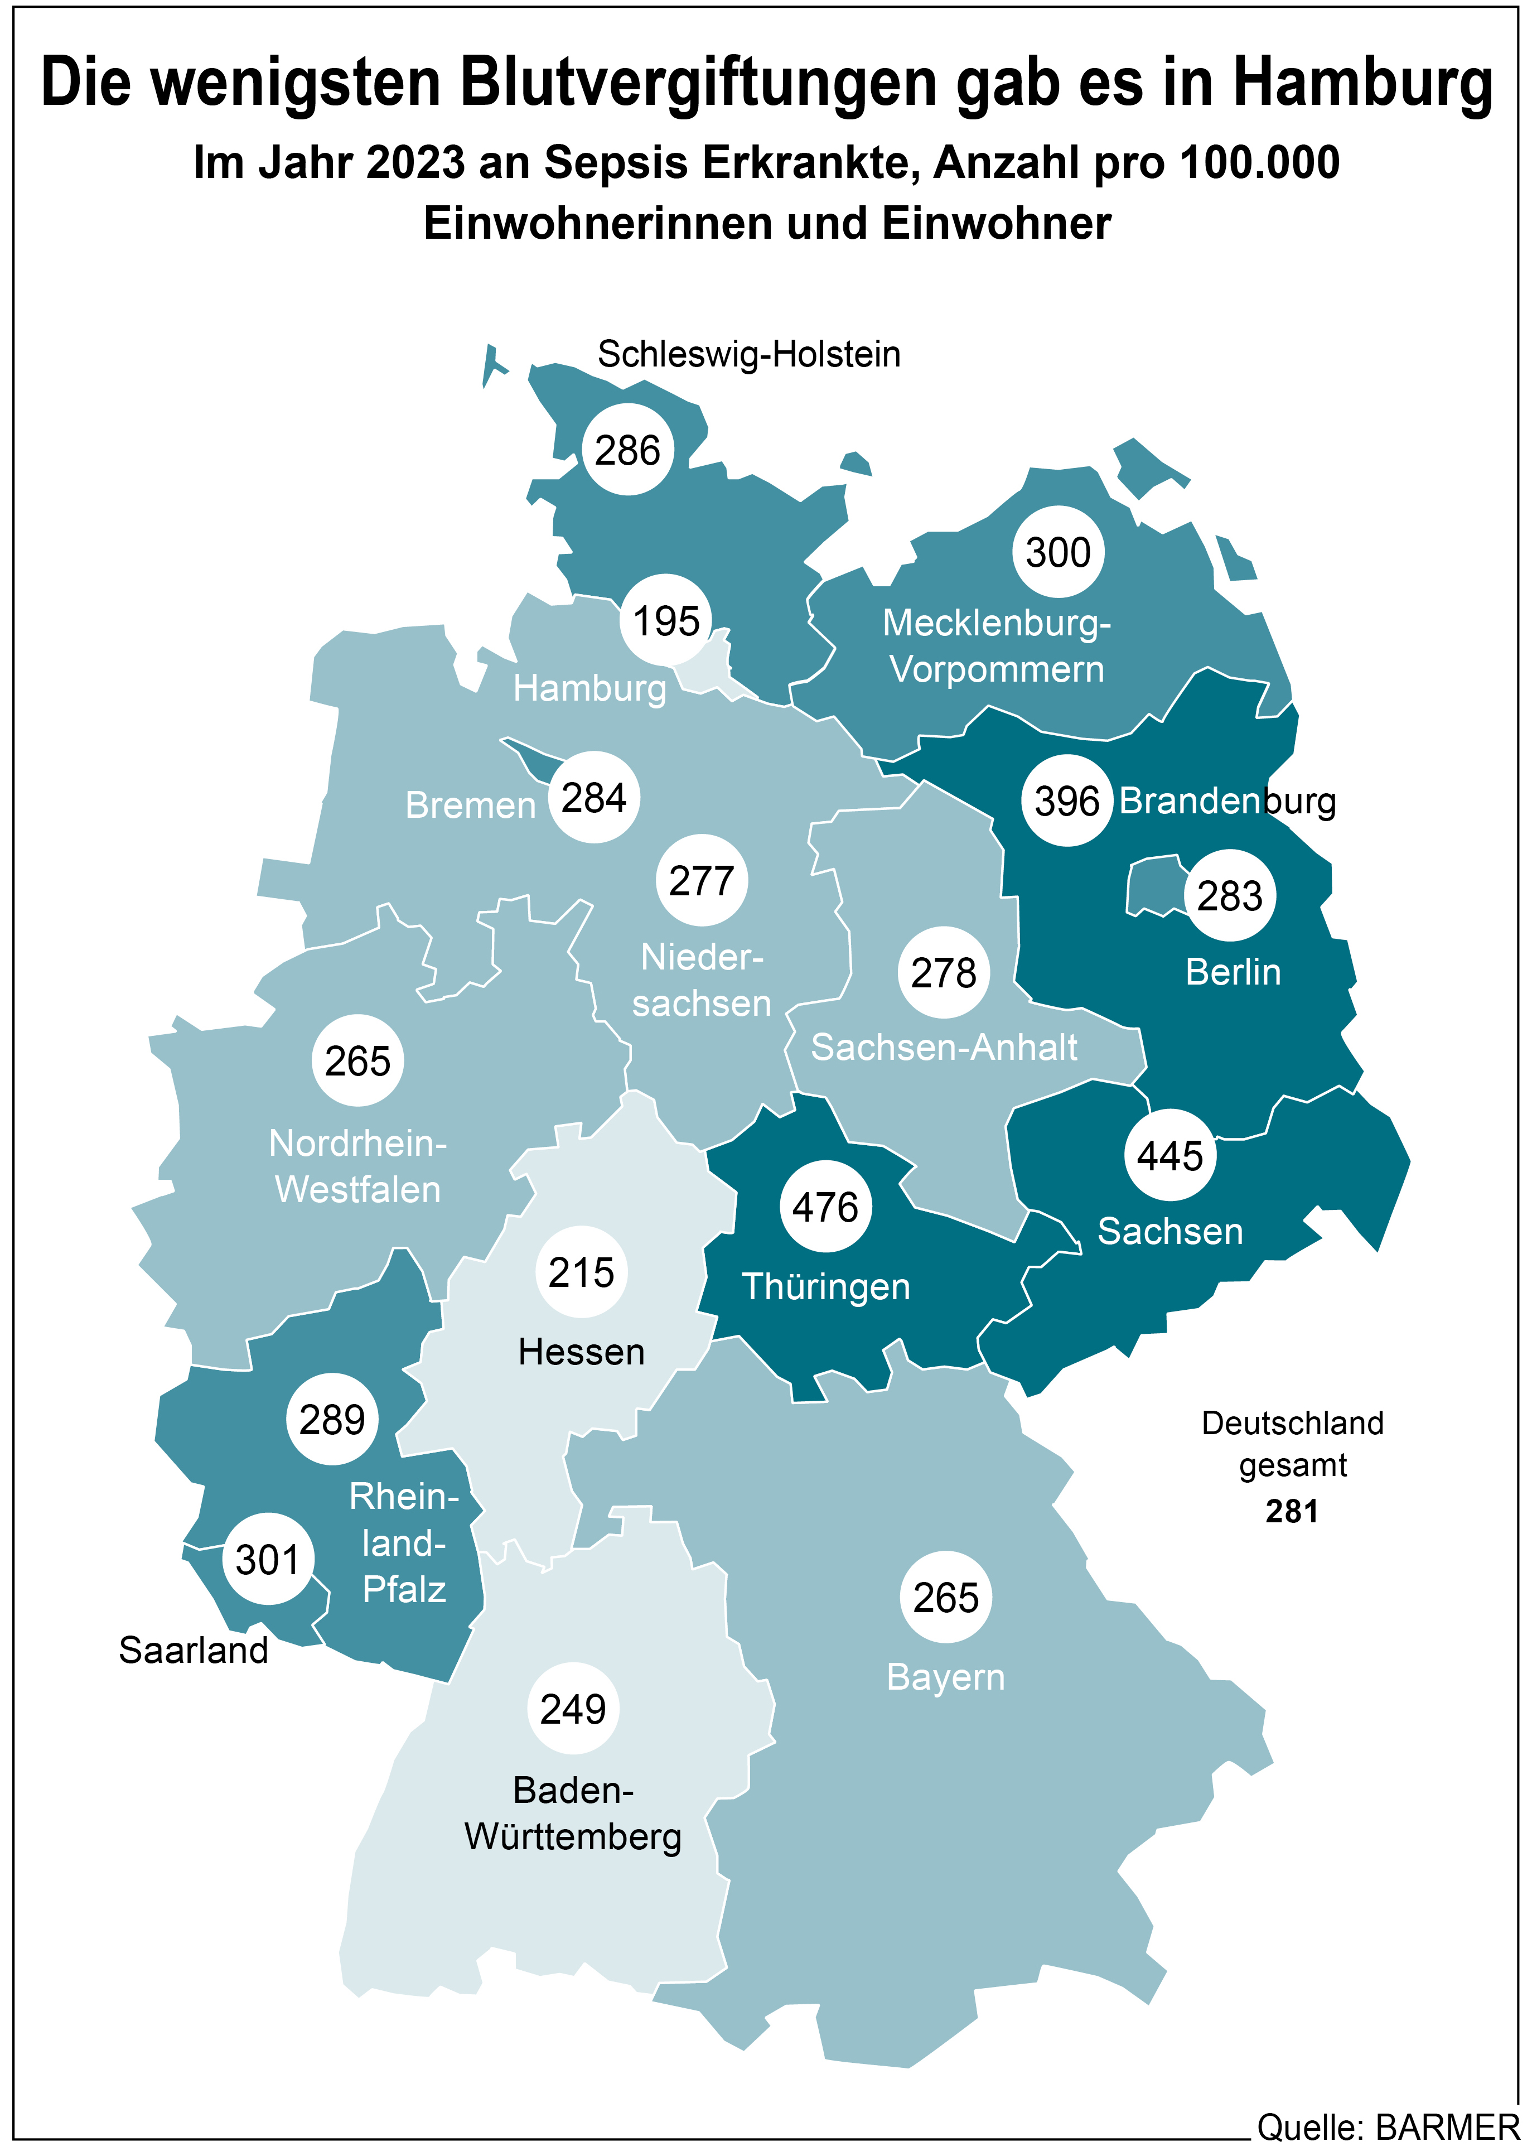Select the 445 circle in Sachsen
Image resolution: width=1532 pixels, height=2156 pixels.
tap(1169, 1155)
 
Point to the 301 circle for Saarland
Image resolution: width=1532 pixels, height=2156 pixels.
tap(268, 1559)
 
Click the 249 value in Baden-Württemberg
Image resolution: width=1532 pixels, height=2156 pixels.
tap(573, 1708)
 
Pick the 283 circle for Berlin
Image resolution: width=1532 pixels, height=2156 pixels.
tap(1229, 895)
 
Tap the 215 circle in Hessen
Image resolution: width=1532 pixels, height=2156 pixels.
tap(581, 1272)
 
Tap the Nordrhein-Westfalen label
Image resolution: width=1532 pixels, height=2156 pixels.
tap(357, 1166)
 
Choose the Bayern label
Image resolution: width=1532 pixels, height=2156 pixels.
tap(945, 1677)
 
